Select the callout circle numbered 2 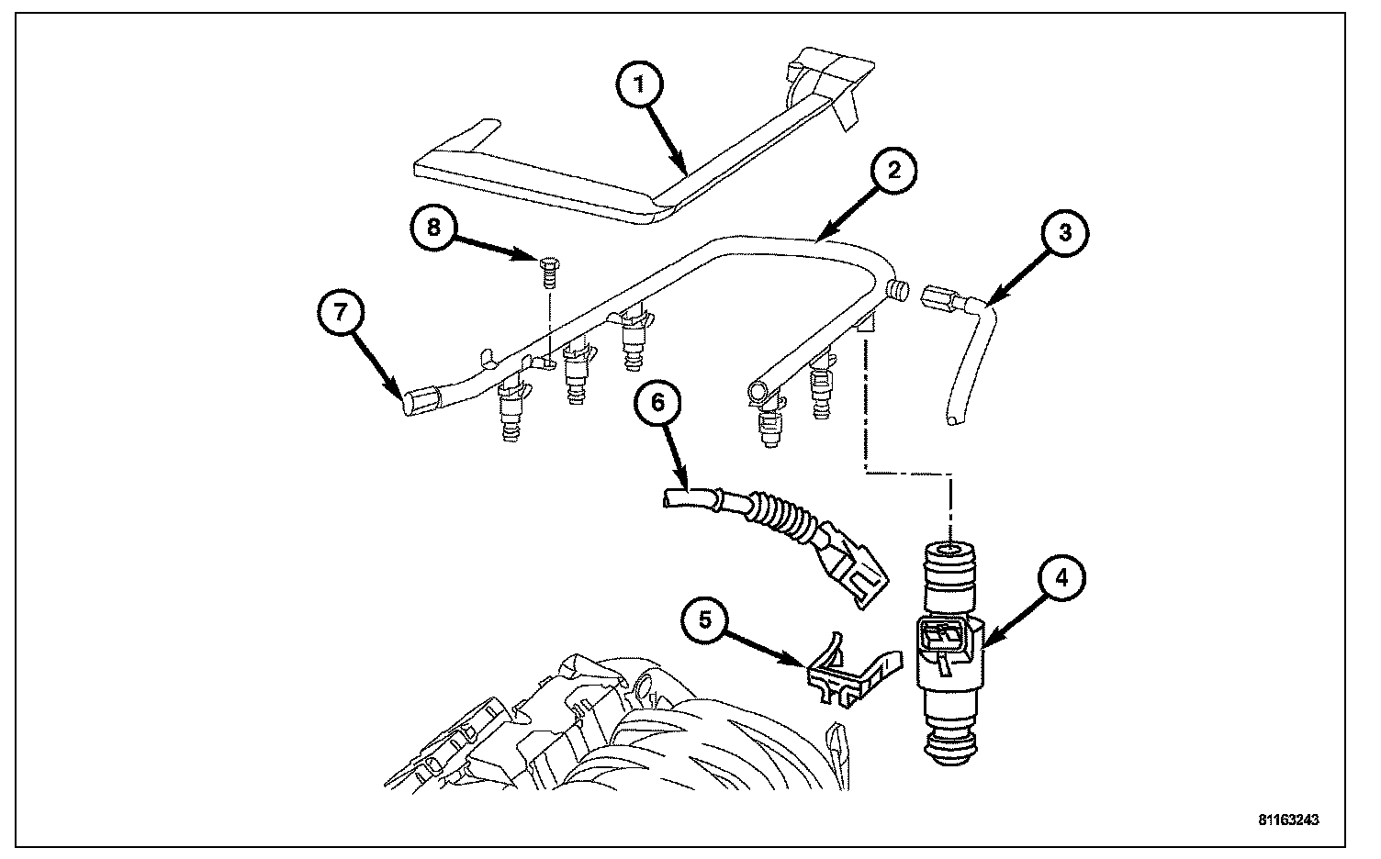pos(891,173)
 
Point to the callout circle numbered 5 pos(705,621)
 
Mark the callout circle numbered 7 pos(340,313)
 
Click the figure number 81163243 pos(1288,820)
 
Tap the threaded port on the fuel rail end pos(898,291)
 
